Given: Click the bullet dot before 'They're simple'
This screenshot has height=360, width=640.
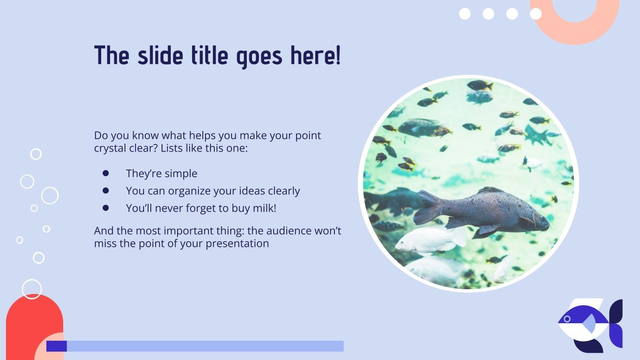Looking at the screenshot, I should coord(106,173).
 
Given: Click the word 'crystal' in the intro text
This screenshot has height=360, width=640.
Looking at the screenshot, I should coord(109,148).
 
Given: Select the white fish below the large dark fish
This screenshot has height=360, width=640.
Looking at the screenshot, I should coord(428,242).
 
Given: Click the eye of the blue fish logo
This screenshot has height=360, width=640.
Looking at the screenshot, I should coord(567,319).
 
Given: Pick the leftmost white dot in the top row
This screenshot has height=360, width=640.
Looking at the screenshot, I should coord(465,14).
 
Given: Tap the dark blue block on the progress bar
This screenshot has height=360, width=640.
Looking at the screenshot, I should coord(56,346).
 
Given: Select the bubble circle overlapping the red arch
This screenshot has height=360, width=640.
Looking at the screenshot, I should coord(32,289).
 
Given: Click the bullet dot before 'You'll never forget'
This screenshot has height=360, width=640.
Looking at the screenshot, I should coord(106,208).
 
